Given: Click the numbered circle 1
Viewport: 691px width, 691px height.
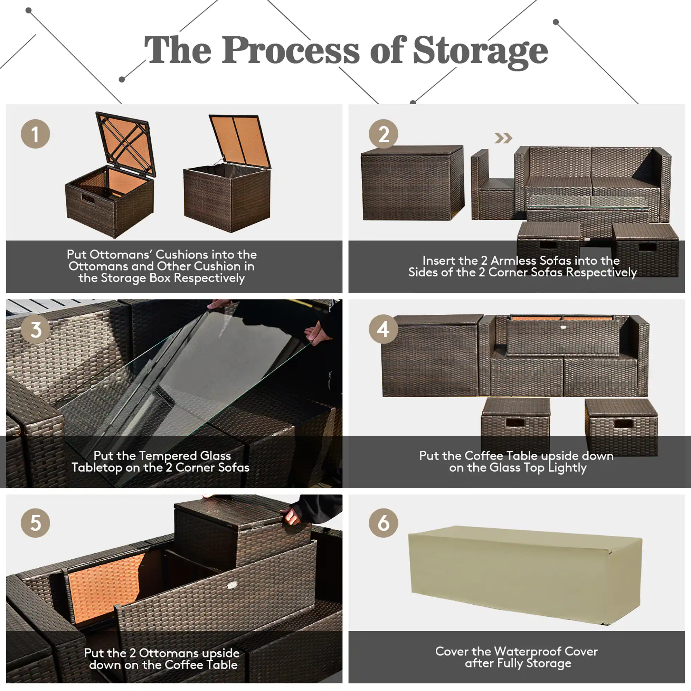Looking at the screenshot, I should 35,134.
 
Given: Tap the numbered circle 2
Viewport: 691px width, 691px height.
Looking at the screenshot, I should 384,134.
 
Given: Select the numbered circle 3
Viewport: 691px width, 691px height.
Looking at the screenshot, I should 35,329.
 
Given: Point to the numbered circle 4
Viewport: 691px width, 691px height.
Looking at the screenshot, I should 384,329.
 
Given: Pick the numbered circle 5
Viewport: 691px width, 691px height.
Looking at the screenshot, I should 35,523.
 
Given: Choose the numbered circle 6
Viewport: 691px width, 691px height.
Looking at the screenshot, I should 384,523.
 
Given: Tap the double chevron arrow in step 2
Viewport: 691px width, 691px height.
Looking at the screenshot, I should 503,138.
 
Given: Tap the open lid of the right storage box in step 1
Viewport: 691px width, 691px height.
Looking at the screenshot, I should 240,140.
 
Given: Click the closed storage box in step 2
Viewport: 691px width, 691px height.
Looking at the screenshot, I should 413,183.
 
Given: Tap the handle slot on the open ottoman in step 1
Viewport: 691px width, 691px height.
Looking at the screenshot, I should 87,198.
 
